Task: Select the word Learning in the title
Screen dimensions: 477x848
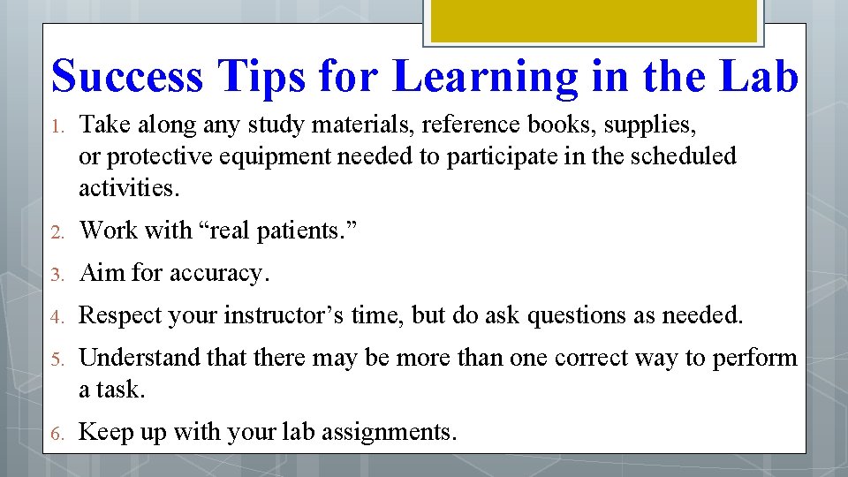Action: [485, 76]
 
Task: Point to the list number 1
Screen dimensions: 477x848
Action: [56, 127]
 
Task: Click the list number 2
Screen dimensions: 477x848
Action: [56, 232]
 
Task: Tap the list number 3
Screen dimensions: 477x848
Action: [56, 275]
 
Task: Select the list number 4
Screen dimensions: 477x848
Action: [56, 316]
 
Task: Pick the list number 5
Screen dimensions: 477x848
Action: [56, 360]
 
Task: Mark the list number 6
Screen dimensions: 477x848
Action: [56, 434]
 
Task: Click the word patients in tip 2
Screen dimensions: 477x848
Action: [299, 231]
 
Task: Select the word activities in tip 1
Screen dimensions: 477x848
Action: [127, 187]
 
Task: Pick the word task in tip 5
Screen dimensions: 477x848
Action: [122, 390]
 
